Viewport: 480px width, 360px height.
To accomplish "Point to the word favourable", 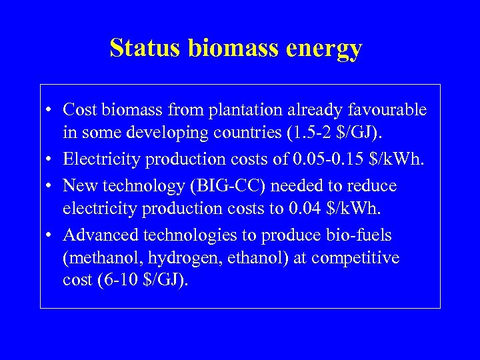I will pos(389,109).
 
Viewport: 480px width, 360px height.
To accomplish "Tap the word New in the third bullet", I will pos(79,185).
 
